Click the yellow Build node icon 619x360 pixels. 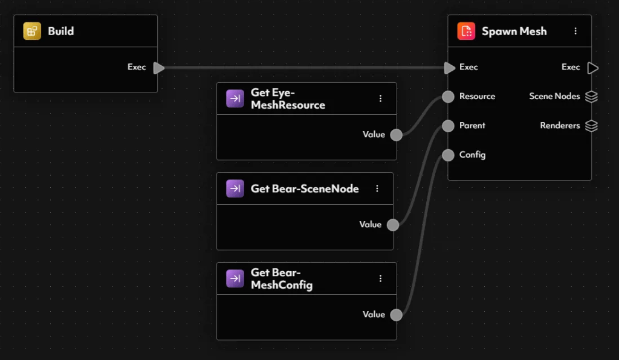pyautogui.click(x=32, y=31)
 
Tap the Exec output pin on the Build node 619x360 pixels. pyautogui.click(x=158, y=68)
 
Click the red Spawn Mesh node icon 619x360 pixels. pyautogui.click(x=466, y=31)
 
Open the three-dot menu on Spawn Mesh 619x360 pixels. pyautogui.click(x=575, y=31)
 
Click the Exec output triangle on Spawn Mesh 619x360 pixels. pyautogui.click(x=592, y=68)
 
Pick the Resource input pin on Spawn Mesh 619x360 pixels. pyautogui.click(x=448, y=97)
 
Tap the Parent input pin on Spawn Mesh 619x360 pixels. pyautogui.click(x=448, y=126)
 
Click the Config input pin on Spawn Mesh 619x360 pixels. pyautogui.click(x=448, y=155)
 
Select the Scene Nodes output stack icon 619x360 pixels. pyautogui.click(x=591, y=97)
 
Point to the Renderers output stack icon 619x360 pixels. pyautogui.click(x=591, y=126)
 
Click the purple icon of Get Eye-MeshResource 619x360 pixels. pyautogui.click(x=235, y=98)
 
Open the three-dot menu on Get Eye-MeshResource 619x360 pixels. pyautogui.click(x=381, y=98)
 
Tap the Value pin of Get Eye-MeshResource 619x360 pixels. pyautogui.click(x=396, y=135)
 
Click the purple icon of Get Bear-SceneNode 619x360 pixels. pyautogui.click(x=235, y=188)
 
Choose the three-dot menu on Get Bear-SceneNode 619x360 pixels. pyautogui.click(x=377, y=188)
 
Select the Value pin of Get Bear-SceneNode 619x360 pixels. pyautogui.click(x=393, y=225)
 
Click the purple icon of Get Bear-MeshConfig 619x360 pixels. pyautogui.click(x=235, y=278)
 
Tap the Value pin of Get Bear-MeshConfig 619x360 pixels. pyautogui.click(x=396, y=315)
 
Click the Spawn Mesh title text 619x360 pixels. pyautogui.click(x=514, y=31)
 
